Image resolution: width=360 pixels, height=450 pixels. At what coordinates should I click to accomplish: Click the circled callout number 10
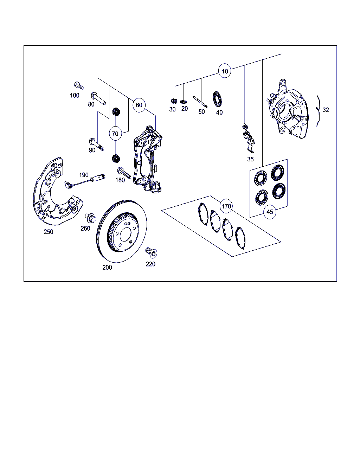tap(225, 71)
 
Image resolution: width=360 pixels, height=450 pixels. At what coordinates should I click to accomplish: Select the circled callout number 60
tap(139, 105)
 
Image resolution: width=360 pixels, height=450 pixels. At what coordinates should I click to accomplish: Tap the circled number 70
tap(115, 134)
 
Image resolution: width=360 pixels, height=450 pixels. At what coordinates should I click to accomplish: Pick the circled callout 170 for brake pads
tap(226, 206)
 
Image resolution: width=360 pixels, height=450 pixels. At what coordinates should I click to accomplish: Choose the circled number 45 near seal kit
tap(270, 212)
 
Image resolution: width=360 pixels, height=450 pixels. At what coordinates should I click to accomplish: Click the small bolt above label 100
tap(79, 85)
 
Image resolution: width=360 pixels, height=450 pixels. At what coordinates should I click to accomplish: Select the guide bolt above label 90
tap(96, 144)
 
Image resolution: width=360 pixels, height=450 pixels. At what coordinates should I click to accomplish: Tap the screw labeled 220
tap(151, 252)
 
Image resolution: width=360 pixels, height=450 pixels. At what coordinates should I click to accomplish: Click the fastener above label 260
tap(90, 218)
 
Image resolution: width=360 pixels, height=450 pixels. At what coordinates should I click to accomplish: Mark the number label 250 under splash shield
tap(48, 232)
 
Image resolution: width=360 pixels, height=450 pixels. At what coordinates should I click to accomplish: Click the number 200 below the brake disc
tap(107, 268)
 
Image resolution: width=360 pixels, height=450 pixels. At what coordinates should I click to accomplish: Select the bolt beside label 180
tap(124, 173)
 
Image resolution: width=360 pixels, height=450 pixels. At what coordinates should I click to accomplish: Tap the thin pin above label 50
tap(200, 102)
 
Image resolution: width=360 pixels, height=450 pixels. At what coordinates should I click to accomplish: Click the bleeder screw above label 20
tap(184, 102)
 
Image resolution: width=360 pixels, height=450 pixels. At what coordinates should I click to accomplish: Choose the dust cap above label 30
tap(174, 101)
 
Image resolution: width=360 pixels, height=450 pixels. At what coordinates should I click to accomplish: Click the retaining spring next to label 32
tap(318, 111)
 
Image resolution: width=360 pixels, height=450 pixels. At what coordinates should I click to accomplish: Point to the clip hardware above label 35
tap(248, 139)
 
